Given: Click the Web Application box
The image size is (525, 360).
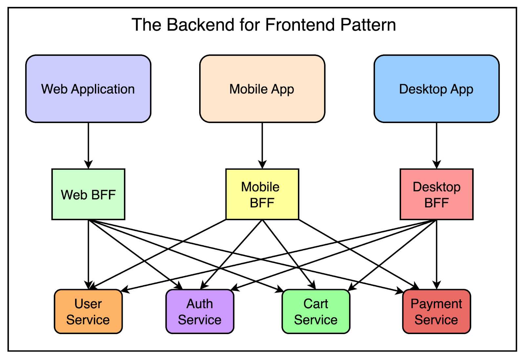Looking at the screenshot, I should pyautogui.click(x=88, y=89).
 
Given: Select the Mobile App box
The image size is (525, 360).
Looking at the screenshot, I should pyautogui.click(x=262, y=89).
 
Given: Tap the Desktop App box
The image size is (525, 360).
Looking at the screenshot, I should pyautogui.click(x=436, y=89).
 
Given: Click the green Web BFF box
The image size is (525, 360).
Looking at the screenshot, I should pyautogui.click(x=88, y=194).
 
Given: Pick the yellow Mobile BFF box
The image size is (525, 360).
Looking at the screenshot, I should pyautogui.click(x=262, y=194).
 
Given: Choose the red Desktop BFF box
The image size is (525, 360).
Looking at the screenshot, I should pyautogui.click(x=436, y=194).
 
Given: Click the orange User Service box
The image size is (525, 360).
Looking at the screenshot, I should pyautogui.click(x=88, y=311).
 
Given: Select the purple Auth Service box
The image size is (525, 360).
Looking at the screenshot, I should pyautogui.click(x=199, y=311).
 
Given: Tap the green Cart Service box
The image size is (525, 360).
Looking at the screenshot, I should pyautogui.click(x=316, y=311).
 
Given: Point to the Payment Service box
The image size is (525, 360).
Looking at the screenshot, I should pyautogui.click(x=436, y=311).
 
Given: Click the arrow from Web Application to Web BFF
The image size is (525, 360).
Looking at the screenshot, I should pyautogui.click(x=88, y=144).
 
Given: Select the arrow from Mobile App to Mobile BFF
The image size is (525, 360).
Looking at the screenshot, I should pyautogui.click(x=262, y=144).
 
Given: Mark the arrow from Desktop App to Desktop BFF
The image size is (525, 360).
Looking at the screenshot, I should pyautogui.click(x=436, y=144).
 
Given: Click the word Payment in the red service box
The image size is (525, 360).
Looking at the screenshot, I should pyautogui.click(x=436, y=304).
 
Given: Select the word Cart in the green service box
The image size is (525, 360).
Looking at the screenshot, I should pyautogui.click(x=316, y=304).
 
